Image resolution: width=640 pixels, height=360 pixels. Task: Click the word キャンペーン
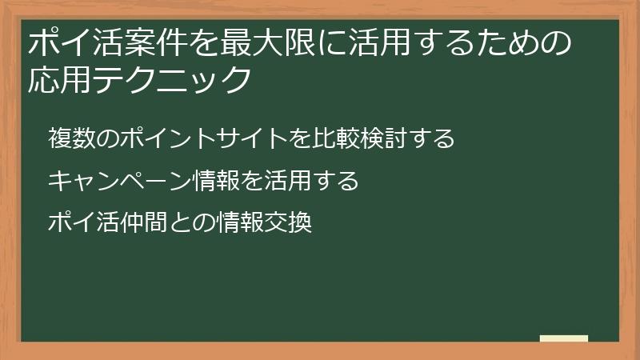(x=120, y=181)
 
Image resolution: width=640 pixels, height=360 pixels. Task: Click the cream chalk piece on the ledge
(x=564, y=338)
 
